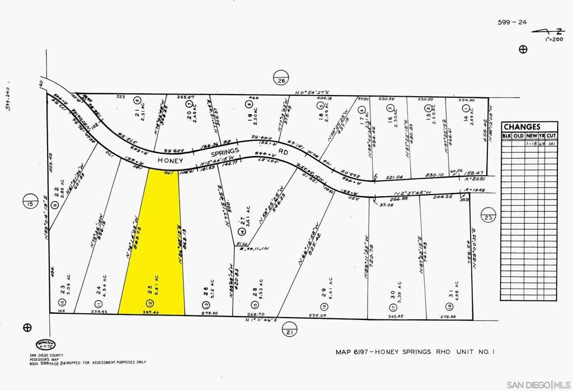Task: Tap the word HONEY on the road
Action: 171,160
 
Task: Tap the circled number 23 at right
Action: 489,217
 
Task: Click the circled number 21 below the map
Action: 289,333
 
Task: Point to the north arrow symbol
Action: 542,32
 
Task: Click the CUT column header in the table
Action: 552,136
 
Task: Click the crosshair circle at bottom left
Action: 27,328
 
